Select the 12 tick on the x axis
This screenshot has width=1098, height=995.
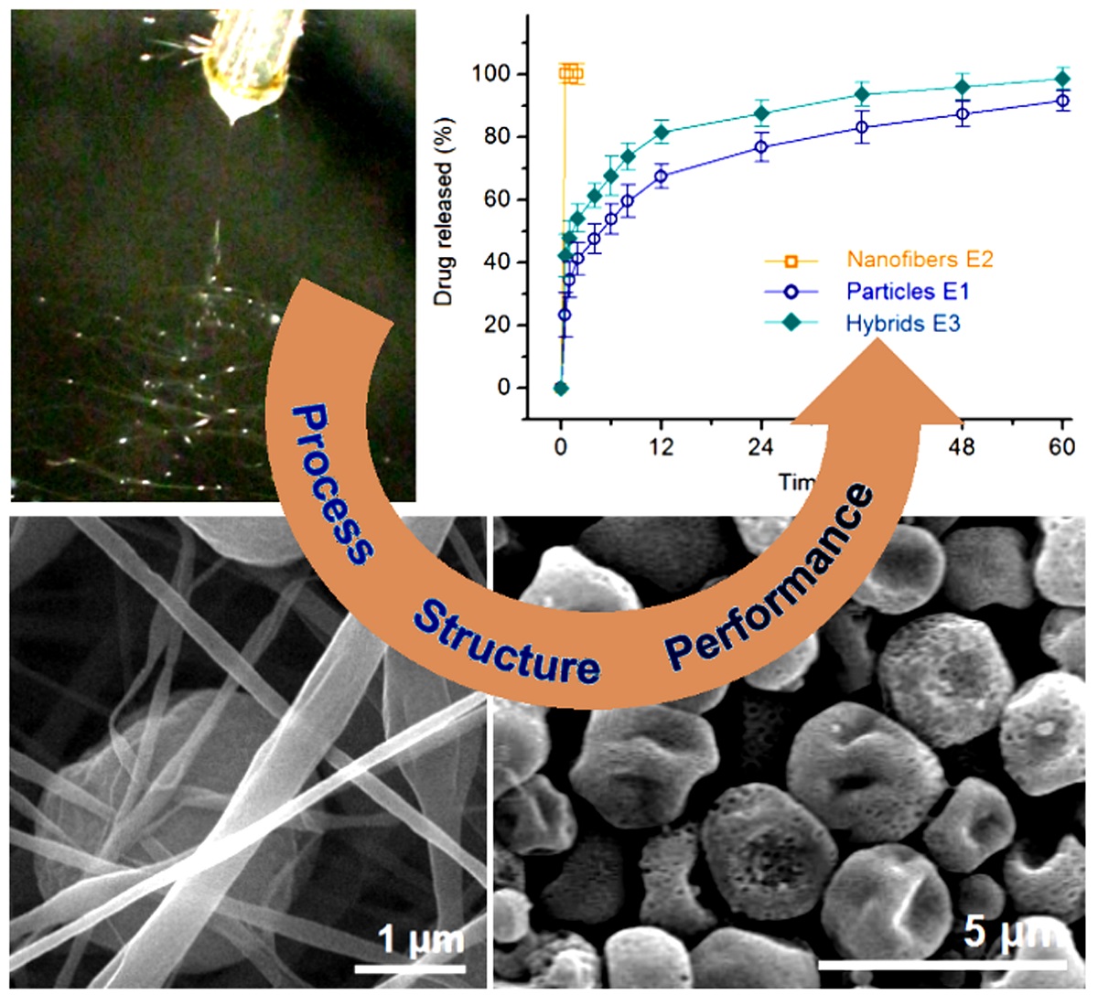[661, 447]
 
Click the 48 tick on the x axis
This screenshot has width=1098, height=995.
[962, 447]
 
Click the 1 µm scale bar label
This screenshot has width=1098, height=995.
[422, 940]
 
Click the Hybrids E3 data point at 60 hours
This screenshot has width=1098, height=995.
[1061, 79]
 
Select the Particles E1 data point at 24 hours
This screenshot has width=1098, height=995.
[761, 147]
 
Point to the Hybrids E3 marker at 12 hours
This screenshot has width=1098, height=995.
[662, 133]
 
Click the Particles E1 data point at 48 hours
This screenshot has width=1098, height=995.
[962, 114]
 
